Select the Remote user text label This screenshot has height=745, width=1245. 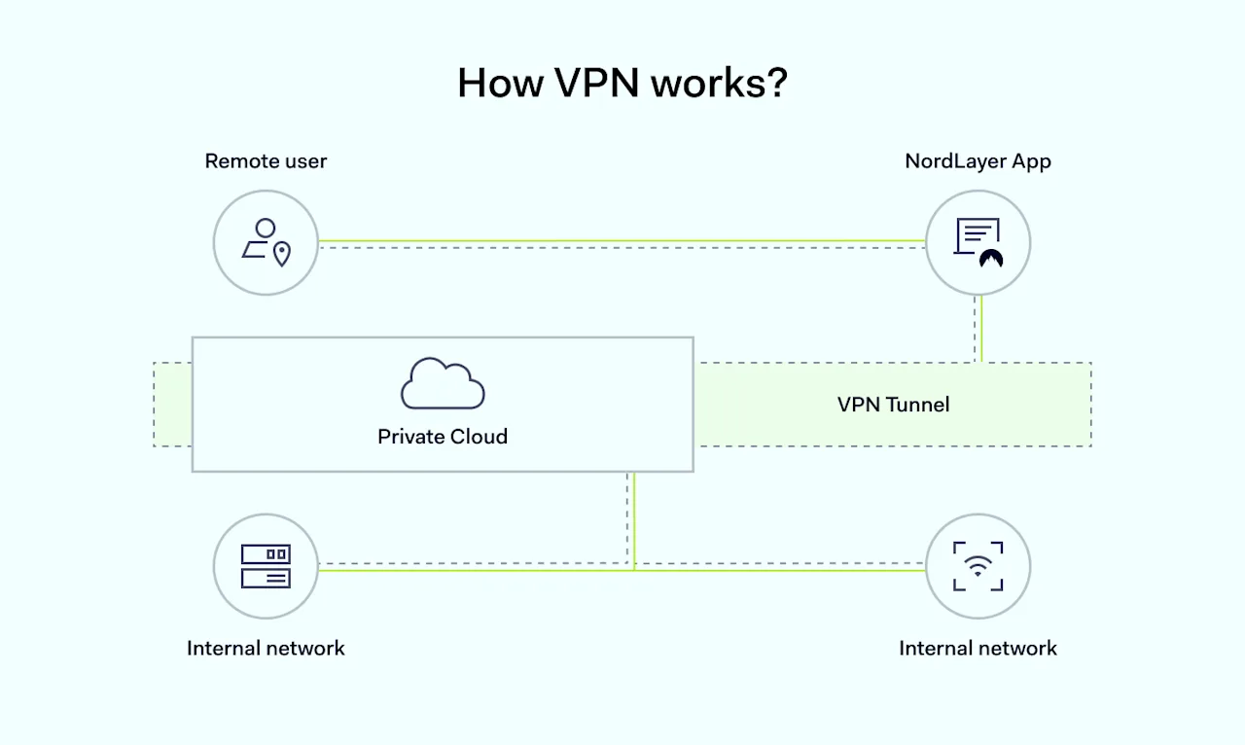pos(266,161)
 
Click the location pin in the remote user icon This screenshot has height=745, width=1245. pos(282,254)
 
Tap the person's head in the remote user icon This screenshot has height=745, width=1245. pos(264,229)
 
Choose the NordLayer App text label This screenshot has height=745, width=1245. pos(978,161)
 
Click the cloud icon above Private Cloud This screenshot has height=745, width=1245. pos(443,384)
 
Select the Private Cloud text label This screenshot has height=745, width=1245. pos(443,437)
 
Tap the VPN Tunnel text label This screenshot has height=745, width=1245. pos(893,405)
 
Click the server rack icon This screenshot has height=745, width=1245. pos(266,566)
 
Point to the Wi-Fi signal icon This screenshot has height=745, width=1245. pos(978,566)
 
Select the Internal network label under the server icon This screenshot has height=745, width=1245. pos(266,649)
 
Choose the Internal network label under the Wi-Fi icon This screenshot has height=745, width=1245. pos(978,649)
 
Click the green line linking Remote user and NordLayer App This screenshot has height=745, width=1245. pos(622,240)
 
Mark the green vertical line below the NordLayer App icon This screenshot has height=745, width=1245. pos(981,329)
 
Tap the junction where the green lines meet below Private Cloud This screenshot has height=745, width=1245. pos(634,569)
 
